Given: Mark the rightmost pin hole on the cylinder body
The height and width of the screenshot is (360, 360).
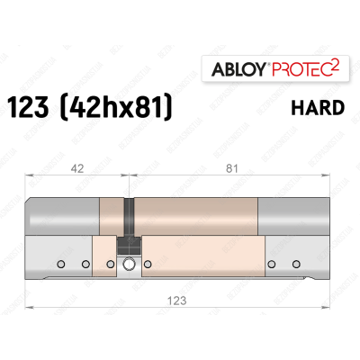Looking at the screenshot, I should [x=296, y=264].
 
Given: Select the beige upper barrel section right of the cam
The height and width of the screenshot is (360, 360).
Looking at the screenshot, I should [x=198, y=218].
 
